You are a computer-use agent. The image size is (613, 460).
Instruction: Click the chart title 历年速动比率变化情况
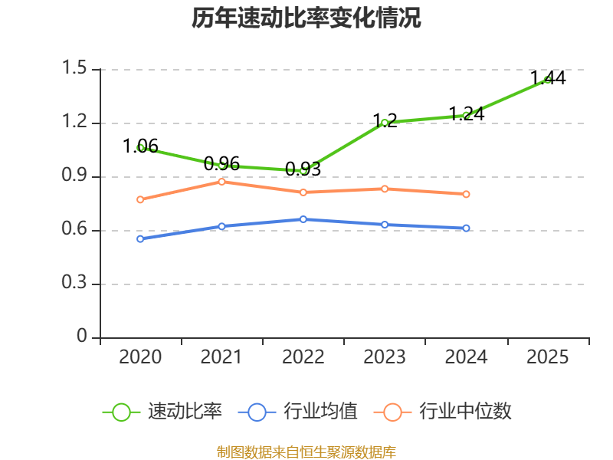[x=306, y=18]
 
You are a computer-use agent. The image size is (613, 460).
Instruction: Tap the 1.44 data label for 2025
[x=548, y=78]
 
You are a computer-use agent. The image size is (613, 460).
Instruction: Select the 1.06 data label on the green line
[x=140, y=146]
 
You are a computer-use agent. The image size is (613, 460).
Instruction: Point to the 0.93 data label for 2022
[x=303, y=169]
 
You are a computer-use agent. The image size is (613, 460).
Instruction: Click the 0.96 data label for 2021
[x=221, y=163]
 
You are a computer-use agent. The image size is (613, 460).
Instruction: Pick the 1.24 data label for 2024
[x=467, y=113]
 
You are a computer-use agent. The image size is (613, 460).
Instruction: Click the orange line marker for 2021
[x=221, y=182]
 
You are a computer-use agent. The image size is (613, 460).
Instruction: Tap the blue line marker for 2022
[x=303, y=219]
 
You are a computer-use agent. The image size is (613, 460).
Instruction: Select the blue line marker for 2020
[x=140, y=239]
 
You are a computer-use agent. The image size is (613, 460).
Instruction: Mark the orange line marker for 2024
[x=466, y=194]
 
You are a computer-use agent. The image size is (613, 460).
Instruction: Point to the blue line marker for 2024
[x=466, y=228]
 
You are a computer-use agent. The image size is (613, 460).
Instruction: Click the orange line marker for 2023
[x=385, y=189]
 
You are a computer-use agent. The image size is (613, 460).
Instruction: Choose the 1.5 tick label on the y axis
[x=74, y=67]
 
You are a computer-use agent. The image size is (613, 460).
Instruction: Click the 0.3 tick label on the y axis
[x=74, y=282]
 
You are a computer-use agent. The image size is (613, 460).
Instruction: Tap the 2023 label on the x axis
[x=385, y=356]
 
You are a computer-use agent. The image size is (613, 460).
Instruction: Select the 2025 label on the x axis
[x=548, y=356]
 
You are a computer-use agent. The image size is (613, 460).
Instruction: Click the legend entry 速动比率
[x=162, y=412]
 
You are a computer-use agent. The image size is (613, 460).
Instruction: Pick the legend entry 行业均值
[x=297, y=412]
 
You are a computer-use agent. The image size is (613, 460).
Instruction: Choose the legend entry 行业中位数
[x=443, y=412]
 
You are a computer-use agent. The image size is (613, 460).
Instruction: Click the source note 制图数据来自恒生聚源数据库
[x=306, y=452]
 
